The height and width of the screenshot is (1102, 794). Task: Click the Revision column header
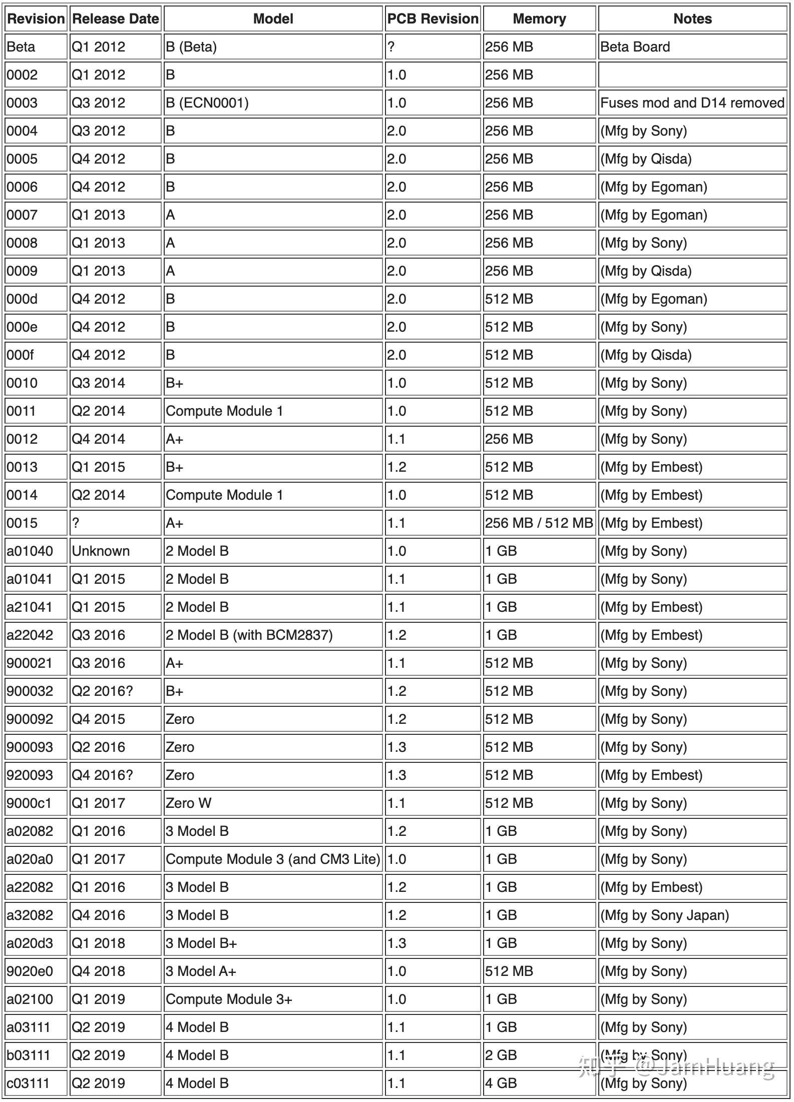[36, 19]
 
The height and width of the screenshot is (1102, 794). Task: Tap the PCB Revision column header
[433, 19]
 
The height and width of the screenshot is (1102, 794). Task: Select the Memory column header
[539, 19]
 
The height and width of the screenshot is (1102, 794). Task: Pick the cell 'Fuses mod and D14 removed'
[692, 103]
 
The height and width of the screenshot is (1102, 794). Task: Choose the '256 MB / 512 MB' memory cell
[539, 523]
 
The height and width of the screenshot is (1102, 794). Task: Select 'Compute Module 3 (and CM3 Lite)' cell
[273, 859]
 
